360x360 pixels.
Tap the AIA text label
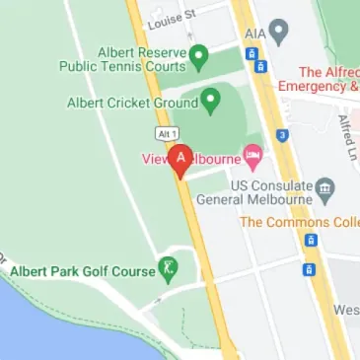click(x=254, y=33)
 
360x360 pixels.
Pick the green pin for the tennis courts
click(x=197, y=56)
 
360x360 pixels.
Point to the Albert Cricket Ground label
click(x=131, y=102)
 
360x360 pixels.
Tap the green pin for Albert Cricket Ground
click(x=210, y=100)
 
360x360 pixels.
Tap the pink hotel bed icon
click(x=253, y=155)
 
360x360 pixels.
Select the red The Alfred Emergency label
click(x=328, y=79)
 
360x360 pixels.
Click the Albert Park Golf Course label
click(x=82, y=270)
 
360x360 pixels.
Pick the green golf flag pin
click(x=169, y=267)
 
